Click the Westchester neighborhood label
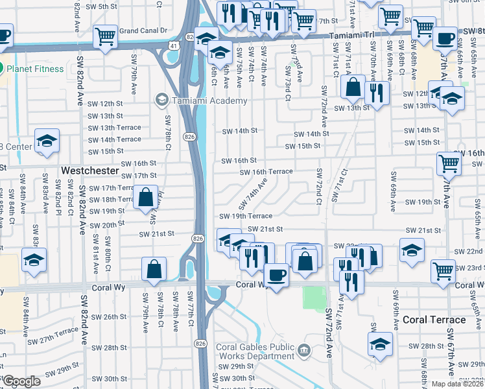(x=91, y=171)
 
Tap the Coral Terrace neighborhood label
(x=434, y=320)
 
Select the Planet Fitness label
(x=35, y=69)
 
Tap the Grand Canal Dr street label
(x=143, y=30)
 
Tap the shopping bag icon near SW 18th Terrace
(x=147, y=196)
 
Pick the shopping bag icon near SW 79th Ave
(x=154, y=268)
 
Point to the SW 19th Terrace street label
(x=246, y=216)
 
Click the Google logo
(x=21, y=381)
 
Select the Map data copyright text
(x=457, y=384)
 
